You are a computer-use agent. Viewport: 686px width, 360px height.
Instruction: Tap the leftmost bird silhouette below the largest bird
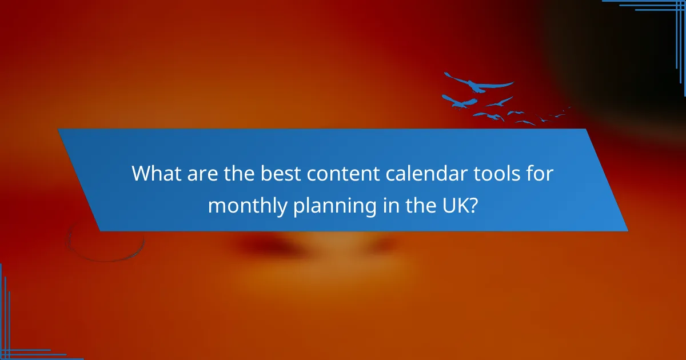[x=459, y=102]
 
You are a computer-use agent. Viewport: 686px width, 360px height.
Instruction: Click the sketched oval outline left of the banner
[x=106, y=240]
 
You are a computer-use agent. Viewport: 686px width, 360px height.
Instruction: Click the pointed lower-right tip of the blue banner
[x=627, y=230]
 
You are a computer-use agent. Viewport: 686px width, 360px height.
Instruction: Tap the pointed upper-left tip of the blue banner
[x=59, y=130]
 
